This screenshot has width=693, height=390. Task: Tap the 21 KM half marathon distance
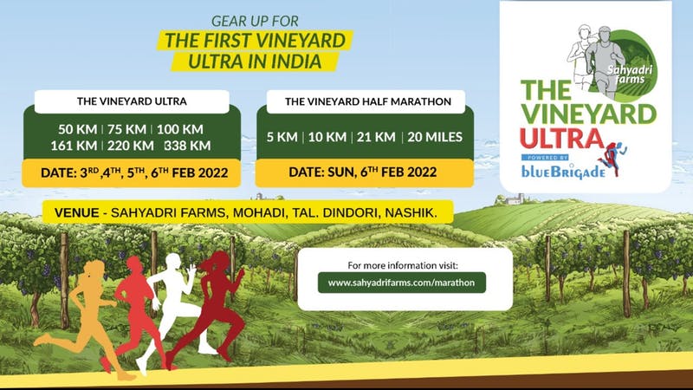coord(378,136)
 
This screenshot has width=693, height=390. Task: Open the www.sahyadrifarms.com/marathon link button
coord(401,282)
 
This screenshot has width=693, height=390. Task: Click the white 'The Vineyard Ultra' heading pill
coord(133,101)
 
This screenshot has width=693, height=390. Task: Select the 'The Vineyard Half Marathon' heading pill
coord(368,101)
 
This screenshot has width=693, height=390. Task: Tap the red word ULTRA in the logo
coord(560,140)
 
